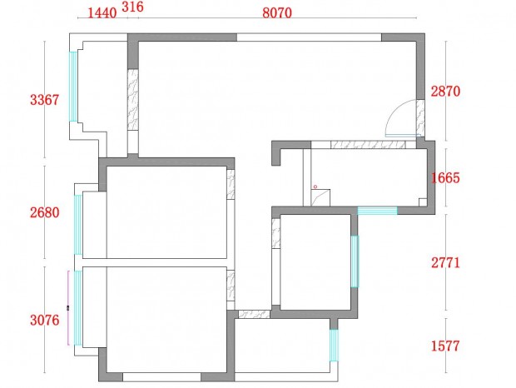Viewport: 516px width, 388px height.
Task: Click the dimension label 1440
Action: click(102, 13)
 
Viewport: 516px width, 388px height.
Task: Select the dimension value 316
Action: click(132, 7)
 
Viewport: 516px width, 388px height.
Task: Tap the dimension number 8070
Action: click(277, 12)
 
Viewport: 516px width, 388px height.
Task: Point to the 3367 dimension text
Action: click(44, 100)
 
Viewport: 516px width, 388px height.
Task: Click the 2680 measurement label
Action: click(45, 212)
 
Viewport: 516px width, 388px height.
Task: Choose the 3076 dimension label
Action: click(45, 320)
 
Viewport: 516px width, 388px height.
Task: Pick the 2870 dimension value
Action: click(445, 91)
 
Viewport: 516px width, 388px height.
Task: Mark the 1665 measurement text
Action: click(445, 178)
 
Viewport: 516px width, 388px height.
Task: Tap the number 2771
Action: click(445, 263)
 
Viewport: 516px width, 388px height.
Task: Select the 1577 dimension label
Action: click(445, 346)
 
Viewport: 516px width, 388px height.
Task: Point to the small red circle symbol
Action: click(315, 187)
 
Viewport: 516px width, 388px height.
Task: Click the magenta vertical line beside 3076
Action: click(68, 308)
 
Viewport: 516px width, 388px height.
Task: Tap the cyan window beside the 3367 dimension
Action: click(73, 87)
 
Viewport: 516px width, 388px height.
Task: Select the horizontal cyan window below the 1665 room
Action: click(377, 211)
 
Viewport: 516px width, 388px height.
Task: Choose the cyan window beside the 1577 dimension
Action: click(334, 346)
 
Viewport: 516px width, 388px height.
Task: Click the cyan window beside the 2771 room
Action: click(355, 261)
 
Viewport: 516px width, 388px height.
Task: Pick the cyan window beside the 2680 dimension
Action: click(78, 225)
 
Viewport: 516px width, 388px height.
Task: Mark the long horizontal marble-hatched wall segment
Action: click(368, 145)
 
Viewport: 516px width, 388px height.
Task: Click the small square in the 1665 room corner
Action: click(423, 202)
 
